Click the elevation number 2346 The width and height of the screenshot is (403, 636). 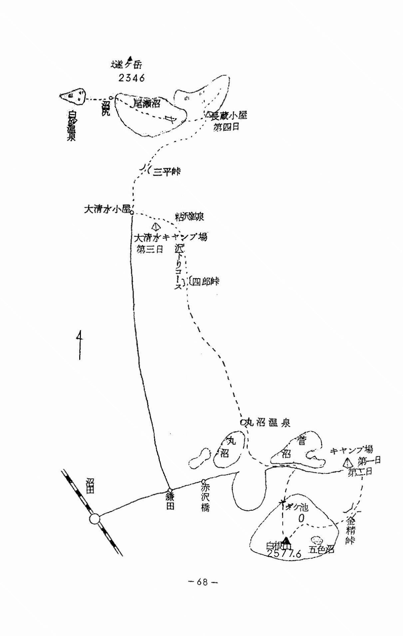click(131, 78)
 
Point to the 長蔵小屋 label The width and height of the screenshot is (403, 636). click(229, 116)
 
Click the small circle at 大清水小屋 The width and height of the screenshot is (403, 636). click(132, 212)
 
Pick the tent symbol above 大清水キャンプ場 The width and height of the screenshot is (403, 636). click(155, 227)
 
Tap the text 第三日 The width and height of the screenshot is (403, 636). click(150, 249)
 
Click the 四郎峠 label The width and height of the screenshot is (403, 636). click(205, 282)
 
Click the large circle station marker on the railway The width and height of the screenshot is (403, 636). click(95, 520)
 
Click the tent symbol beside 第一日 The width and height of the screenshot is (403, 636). click(347, 463)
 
